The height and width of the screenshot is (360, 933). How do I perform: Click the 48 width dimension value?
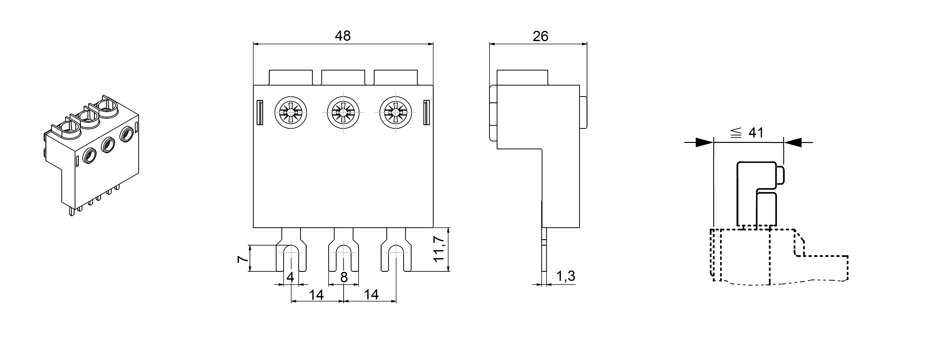pos(343,36)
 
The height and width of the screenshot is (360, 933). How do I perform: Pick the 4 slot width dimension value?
pos(290,277)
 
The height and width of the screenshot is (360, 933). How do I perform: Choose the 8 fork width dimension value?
pos(344,277)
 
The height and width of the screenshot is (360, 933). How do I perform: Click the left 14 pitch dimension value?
pos(316,295)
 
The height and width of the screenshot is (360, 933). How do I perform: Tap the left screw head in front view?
pos(291,112)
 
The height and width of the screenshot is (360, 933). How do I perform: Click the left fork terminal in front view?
pos(291,254)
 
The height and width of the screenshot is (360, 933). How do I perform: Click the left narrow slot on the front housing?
pos(260,112)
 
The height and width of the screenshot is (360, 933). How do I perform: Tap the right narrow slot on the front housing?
pos(427,112)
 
